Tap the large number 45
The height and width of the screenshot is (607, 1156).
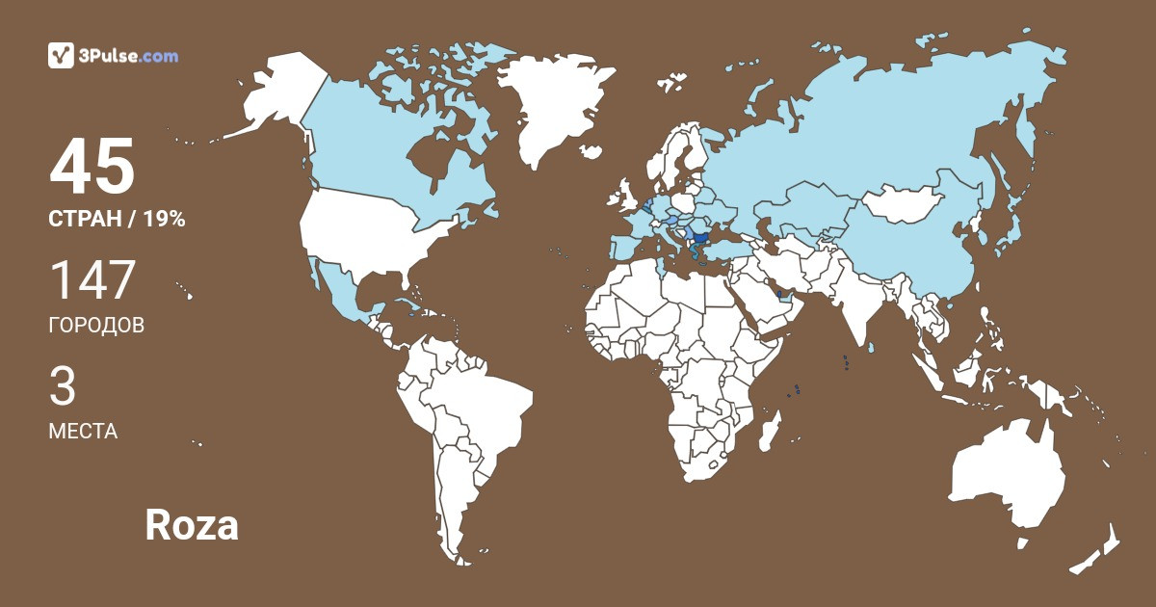coord(92,167)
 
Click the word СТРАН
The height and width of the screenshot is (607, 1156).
coord(84,220)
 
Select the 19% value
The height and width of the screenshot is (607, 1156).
coord(164,220)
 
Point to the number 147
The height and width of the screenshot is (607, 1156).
coord(92,280)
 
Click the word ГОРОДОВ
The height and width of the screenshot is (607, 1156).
coord(96,326)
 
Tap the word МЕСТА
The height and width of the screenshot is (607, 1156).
coord(83,432)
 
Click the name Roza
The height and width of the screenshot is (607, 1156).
coord(192,525)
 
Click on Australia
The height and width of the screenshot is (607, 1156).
coord(1007,477)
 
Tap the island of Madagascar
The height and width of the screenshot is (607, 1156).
coord(769,430)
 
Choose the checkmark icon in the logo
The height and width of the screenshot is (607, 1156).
coord(62,56)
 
